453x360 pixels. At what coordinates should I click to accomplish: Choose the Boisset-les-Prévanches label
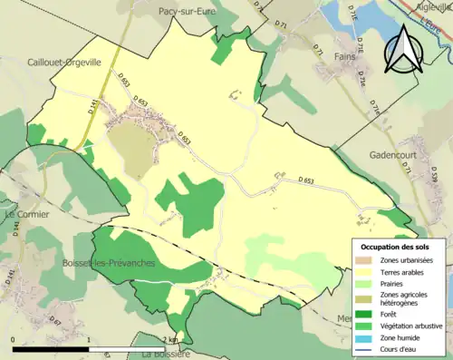click(x=100, y=263)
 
